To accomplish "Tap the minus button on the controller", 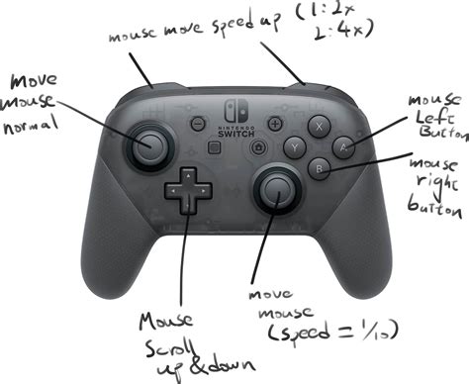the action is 197,125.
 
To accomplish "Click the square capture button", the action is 213,146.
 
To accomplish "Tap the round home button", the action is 258,146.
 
